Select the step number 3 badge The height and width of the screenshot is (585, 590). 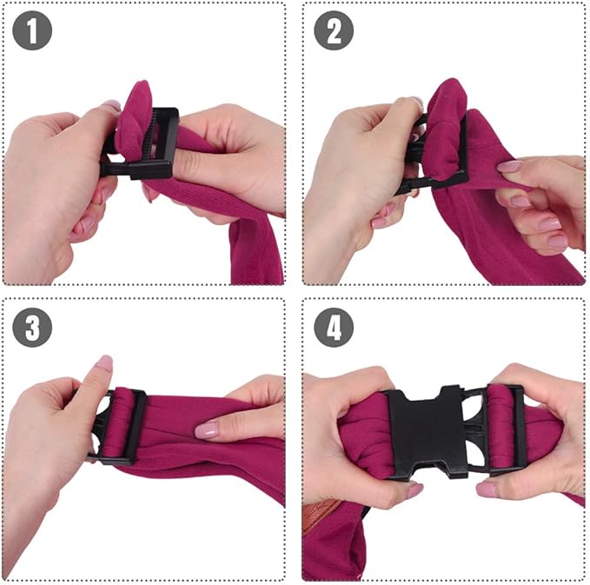point(33,328)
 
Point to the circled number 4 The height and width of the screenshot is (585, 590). point(332,328)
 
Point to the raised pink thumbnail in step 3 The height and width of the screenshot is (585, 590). point(104,362)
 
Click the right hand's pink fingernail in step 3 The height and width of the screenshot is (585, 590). point(206,429)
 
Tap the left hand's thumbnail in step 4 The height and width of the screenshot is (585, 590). point(414,491)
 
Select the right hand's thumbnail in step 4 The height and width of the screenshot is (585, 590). point(486,489)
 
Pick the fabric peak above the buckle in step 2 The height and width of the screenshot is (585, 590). point(445,91)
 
